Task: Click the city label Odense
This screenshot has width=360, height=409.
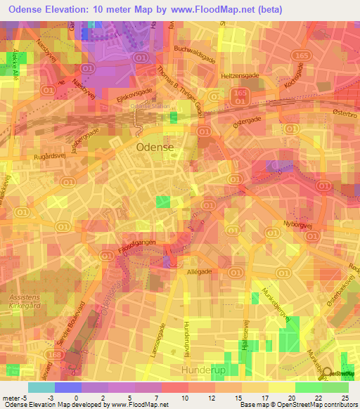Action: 154,148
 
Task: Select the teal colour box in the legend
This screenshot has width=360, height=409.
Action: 41,387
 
